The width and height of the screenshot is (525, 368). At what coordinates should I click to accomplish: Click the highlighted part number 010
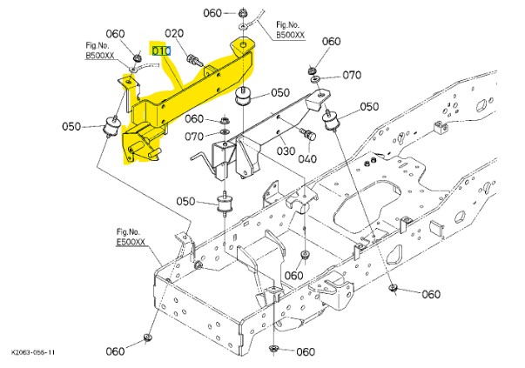coord(161,51)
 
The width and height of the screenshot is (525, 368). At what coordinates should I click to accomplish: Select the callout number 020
coord(175,34)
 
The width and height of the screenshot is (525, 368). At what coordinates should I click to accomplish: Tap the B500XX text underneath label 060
coord(99,55)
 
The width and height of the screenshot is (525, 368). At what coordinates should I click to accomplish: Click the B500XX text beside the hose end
coord(291,36)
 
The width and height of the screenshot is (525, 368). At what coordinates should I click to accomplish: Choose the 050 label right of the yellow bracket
coord(279,92)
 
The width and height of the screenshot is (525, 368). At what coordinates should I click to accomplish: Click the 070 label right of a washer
coord(351,75)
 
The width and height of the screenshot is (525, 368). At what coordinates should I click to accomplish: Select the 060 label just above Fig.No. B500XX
coord(116,34)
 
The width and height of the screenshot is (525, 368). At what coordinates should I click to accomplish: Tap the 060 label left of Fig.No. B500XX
coord(213,13)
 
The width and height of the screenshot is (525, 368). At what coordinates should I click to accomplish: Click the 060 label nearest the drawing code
coord(117,351)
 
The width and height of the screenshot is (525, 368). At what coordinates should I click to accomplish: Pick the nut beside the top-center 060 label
coord(239,14)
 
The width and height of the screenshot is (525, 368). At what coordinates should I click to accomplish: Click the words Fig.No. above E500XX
coord(128,232)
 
